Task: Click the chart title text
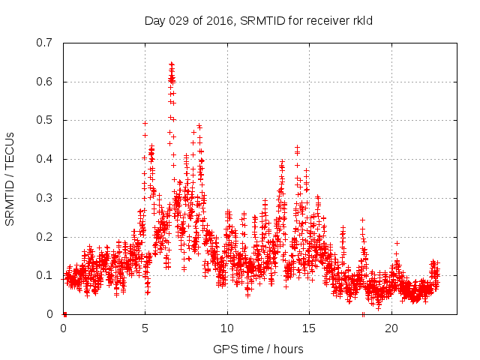pyautogui.click(x=258, y=20)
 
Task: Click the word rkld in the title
pyautogui.click(x=361, y=20)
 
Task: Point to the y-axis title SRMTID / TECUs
pyautogui.click(x=10, y=178)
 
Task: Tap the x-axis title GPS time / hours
pyautogui.click(x=258, y=349)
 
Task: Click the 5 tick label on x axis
pyautogui.click(x=145, y=328)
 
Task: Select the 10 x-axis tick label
pyautogui.click(x=227, y=328)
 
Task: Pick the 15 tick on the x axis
pyautogui.click(x=310, y=328)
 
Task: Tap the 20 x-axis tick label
pyautogui.click(x=391, y=328)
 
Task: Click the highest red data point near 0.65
pyautogui.click(x=171, y=64)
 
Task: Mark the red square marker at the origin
pyautogui.click(x=64, y=314)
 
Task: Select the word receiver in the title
pyautogui.click(x=326, y=20)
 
